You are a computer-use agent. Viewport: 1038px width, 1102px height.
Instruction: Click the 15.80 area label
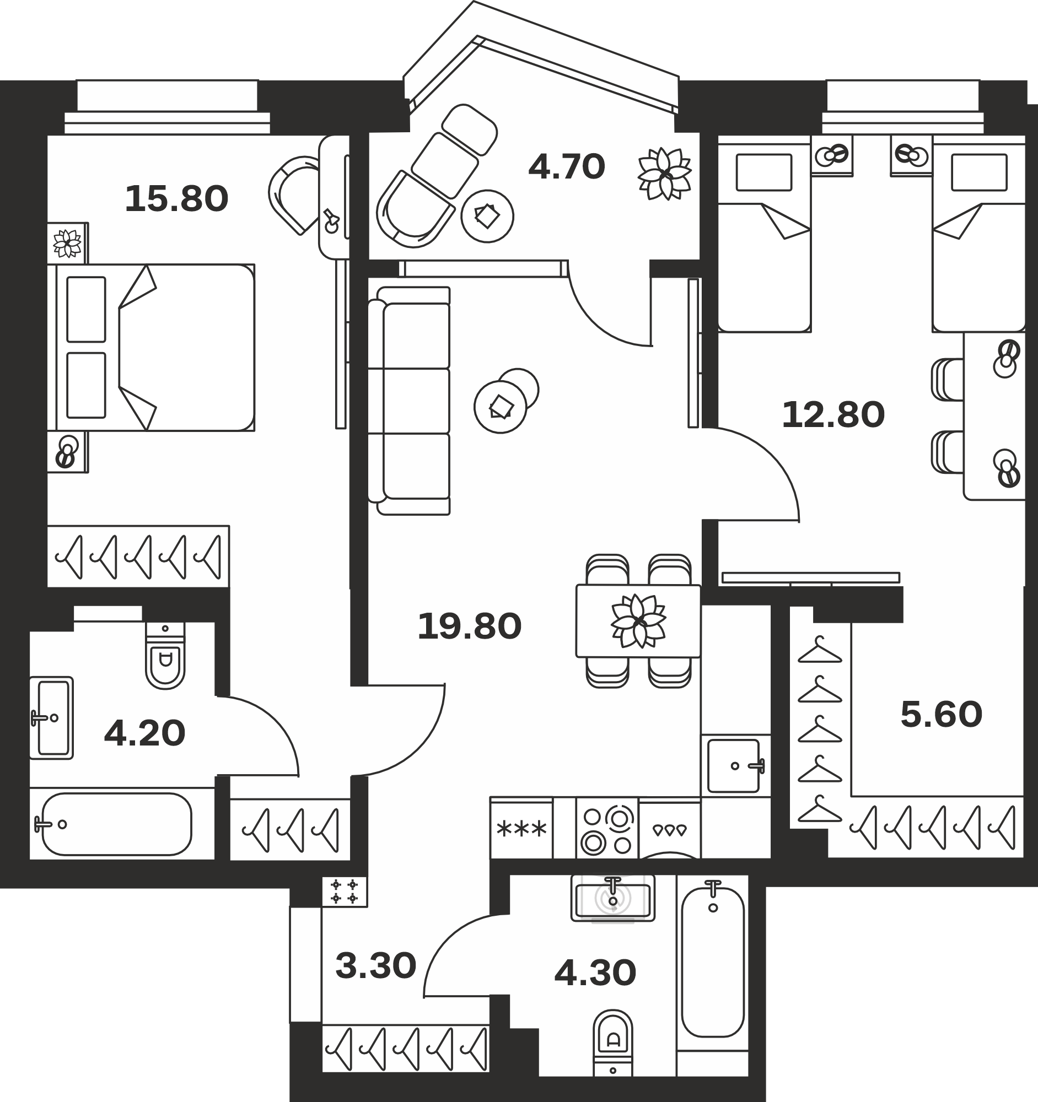pos(176,199)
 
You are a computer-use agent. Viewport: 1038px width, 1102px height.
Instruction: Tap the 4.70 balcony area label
pos(566,167)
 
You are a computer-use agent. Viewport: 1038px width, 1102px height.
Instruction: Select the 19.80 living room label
pos(469,626)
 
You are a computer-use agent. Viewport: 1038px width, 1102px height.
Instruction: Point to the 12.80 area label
pos(833,415)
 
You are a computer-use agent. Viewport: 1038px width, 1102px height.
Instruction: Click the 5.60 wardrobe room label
pos(941,715)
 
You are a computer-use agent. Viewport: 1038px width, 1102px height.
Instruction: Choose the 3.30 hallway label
pos(375,966)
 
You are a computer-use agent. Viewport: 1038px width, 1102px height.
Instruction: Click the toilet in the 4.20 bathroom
pos(165,655)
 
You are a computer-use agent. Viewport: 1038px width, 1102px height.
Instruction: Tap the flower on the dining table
pos(638,620)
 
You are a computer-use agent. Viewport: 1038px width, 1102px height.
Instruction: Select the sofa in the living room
pos(408,401)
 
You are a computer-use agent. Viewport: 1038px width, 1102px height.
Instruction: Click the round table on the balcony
pos(487,216)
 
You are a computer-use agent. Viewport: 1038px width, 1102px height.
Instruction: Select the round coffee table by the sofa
pos(501,407)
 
